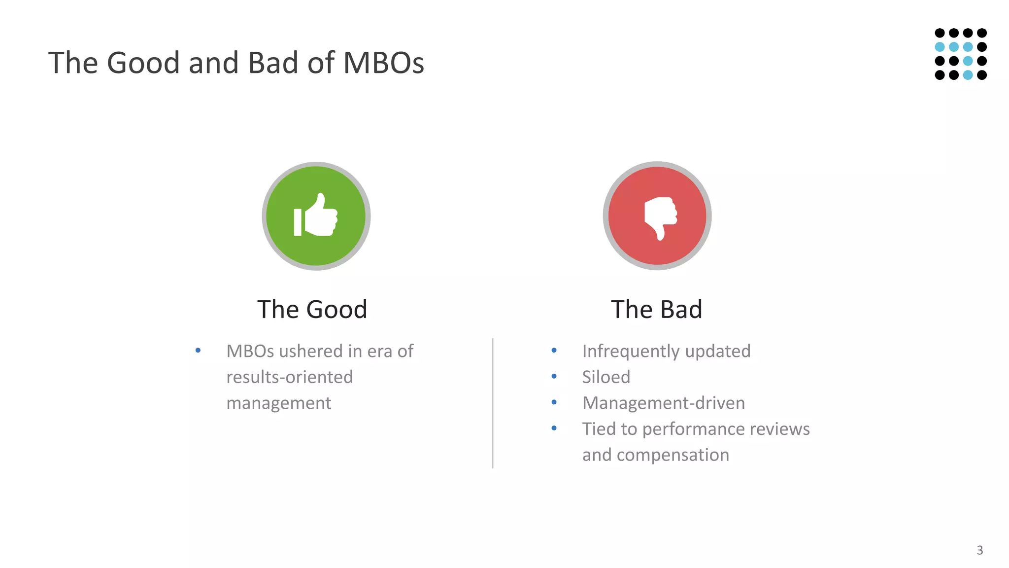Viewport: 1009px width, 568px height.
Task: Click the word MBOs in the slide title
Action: (383, 63)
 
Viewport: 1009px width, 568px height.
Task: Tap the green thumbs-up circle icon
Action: (316, 216)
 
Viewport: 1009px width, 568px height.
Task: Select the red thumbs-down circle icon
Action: (657, 216)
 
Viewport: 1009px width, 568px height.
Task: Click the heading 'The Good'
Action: (312, 310)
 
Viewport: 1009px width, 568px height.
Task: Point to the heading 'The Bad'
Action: (656, 310)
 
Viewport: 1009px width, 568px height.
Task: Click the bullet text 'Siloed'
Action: (606, 377)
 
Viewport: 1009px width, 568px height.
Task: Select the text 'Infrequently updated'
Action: (666, 351)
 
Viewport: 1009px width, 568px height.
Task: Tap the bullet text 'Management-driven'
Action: (663, 403)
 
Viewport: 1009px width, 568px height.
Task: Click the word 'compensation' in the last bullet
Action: (673, 455)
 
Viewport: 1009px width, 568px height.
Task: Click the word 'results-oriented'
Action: (290, 377)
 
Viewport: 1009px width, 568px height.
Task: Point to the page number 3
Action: (980, 550)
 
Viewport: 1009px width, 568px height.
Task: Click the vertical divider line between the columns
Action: (493, 403)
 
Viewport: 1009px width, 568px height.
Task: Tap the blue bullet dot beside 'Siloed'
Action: (554, 376)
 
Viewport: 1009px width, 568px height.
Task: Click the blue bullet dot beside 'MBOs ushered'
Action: (198, 351)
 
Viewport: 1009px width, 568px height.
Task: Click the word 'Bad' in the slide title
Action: (273, 63)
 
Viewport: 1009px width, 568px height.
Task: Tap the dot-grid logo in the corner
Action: (961, 54)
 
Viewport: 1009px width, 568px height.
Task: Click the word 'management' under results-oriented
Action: (279, 403)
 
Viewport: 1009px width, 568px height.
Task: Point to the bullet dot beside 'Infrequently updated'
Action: (554, 351)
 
